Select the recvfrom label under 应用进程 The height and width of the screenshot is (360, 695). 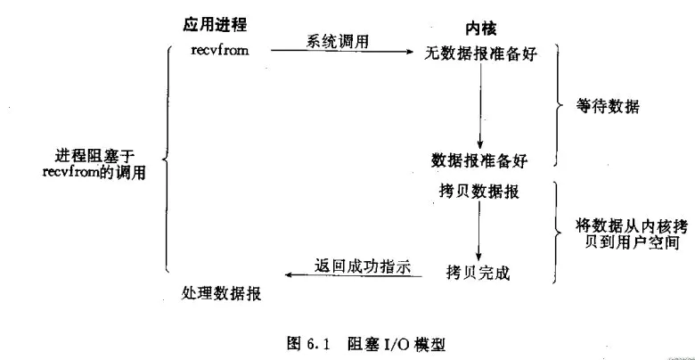coord(219,50)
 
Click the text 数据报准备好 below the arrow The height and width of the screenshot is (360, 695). coord(479,161)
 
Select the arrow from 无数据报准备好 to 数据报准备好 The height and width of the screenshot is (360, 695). coord(479,107)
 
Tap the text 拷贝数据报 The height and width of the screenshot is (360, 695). coord(479,192)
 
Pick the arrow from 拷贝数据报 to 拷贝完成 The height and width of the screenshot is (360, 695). coord(479,229)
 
